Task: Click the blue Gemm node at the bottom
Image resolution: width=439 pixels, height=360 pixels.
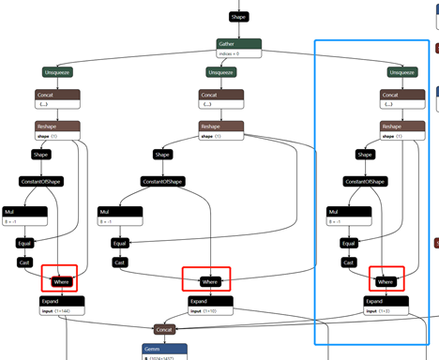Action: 164,349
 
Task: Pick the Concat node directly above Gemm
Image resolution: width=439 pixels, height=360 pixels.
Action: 164,329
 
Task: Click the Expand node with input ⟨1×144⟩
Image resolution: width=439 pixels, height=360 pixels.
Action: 62,301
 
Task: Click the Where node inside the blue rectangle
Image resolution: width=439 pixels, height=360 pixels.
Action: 386,281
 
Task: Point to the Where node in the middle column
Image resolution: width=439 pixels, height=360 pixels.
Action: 210,281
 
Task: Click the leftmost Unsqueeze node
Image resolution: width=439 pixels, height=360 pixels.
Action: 58,71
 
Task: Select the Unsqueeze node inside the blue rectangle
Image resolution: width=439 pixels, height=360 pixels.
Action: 402,71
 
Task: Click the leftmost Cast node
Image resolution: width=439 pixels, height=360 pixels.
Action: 25,262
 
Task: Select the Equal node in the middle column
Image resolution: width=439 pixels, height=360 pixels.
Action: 118,243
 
